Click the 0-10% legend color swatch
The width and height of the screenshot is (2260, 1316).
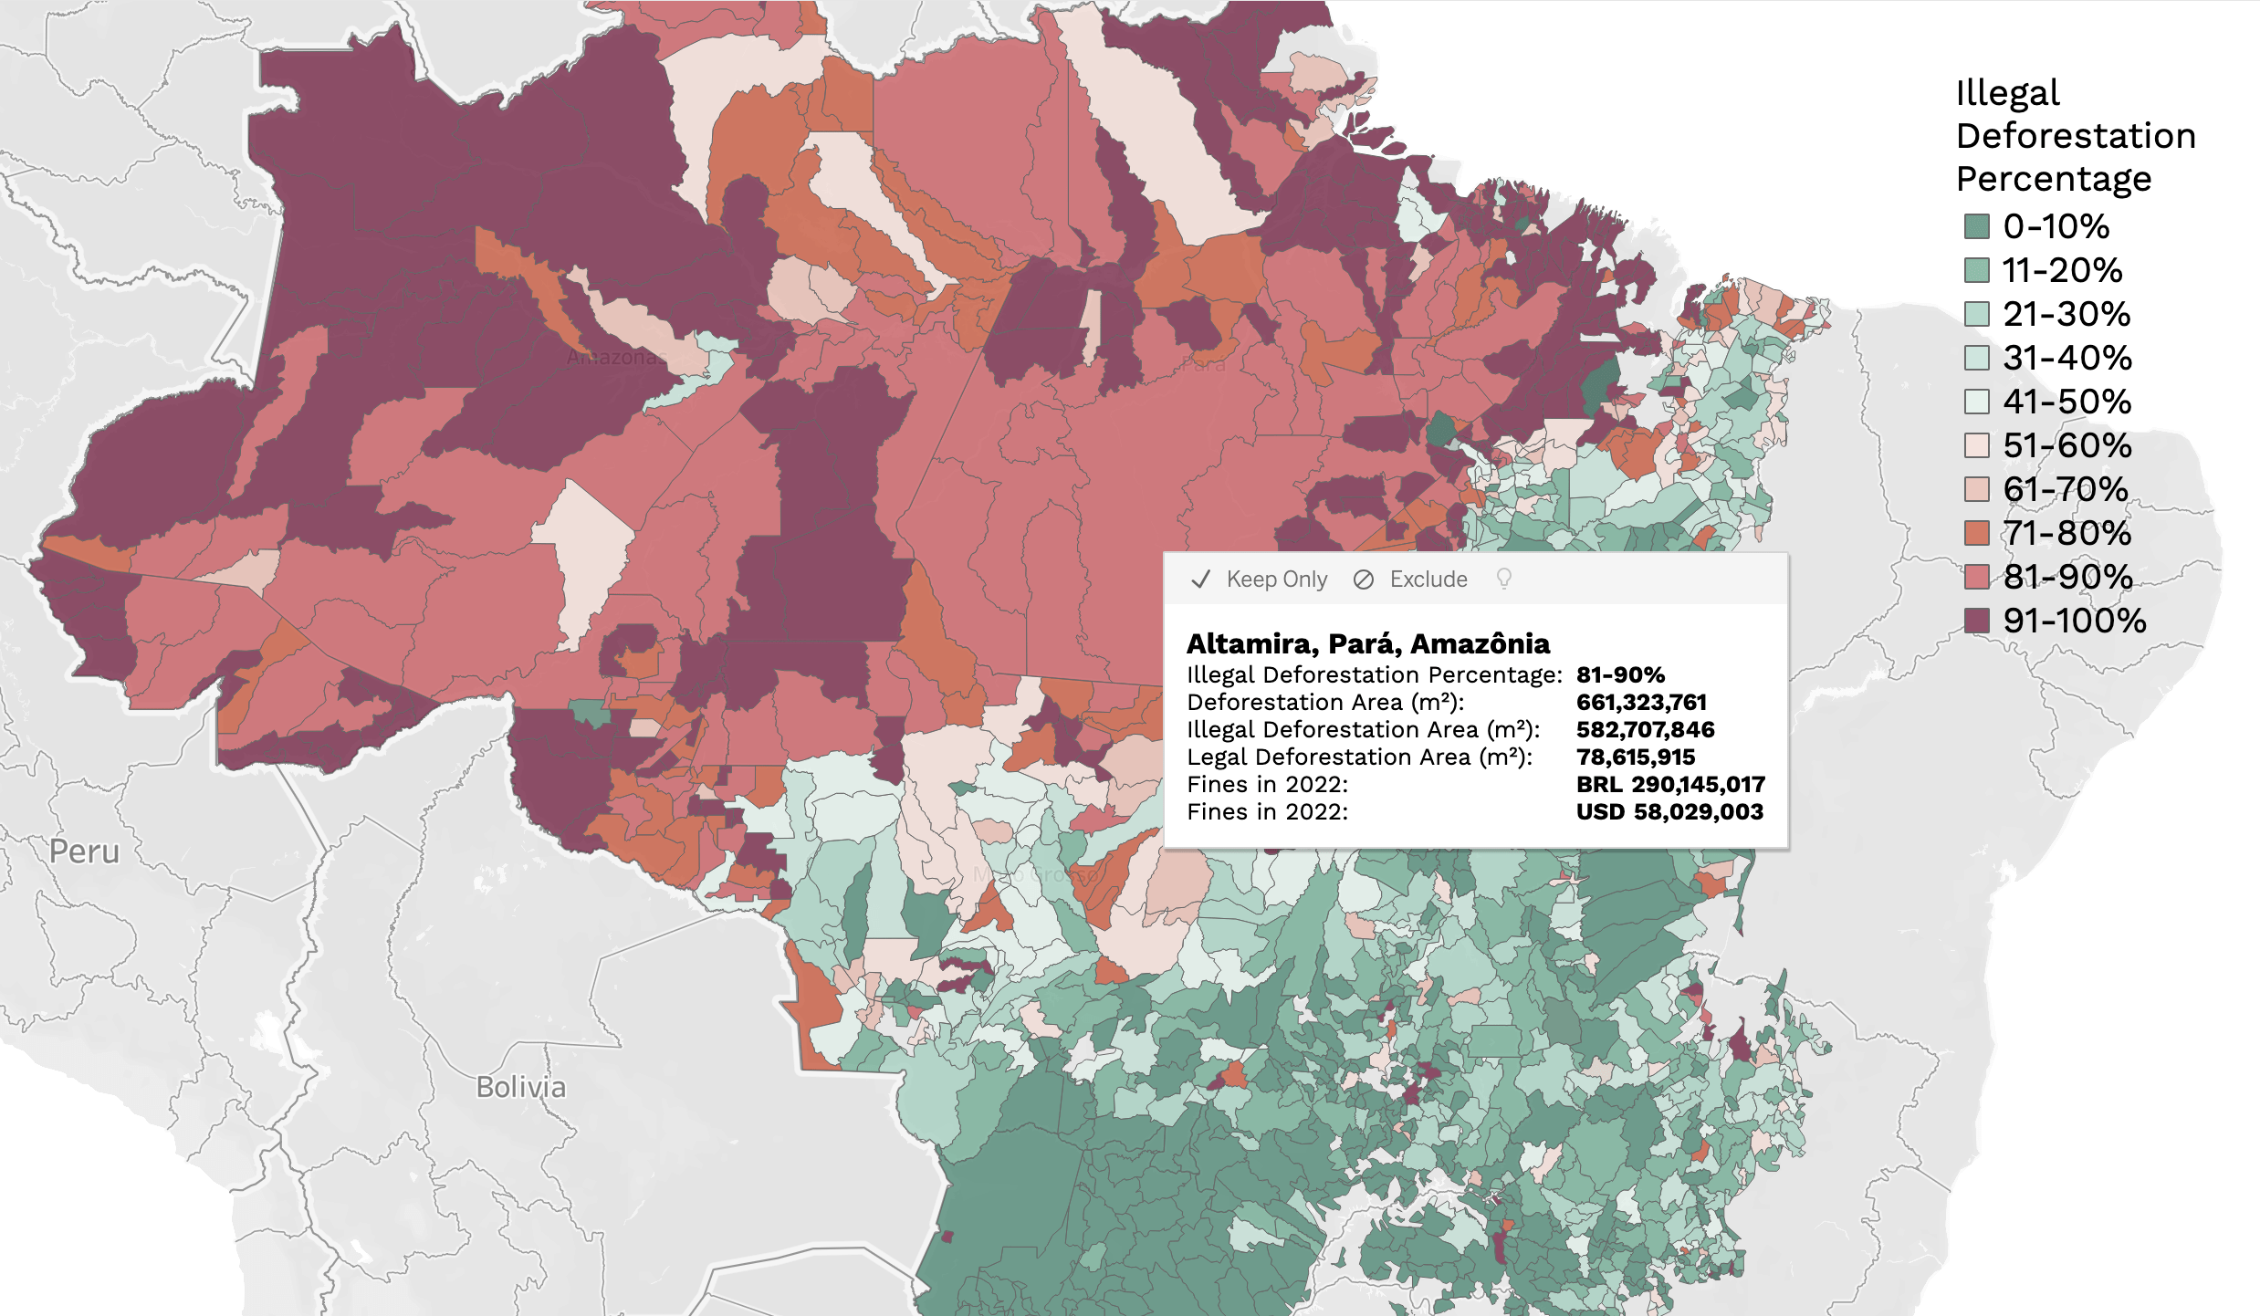pyautogui.click(x=1976, y=226)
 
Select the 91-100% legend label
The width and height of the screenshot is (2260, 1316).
pyautogui.click(x=2074, y=621)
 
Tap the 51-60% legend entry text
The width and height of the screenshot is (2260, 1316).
pyautogui.click(x=2066, y=445)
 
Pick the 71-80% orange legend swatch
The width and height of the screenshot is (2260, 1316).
pyautogui.click(x=1976, y=533)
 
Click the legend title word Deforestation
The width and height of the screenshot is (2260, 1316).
pyautogui.click(x=2075, y=136)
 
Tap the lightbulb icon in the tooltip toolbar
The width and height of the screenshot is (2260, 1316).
pyautogui.click(x=1503, y=579)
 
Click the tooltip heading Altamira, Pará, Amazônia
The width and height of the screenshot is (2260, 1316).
pyautogui.click(x=1366, y=643)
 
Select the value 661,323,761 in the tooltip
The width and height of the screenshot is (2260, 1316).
pyautogui.click(x=1640, y=702)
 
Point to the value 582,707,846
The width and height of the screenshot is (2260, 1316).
pyautogui.click(x=1645, y=729)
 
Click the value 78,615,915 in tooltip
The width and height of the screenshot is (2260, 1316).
pyautogui.click(x=1635, y=757)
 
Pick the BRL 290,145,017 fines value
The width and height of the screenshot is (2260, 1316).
pyautogui.click(x=1669, y=784)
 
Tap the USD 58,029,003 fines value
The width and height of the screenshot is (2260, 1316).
pyautogui.click(x=1669, y=811)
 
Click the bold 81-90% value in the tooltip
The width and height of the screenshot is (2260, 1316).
pyautogui.click(x=1619, y=674)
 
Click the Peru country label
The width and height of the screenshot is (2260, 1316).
pyautogui.click(x=84, y=851)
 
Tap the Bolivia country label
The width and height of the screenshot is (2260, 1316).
pyautogui.click(x=520, y=1087)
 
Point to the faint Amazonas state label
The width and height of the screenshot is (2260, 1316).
pyautogui.click(x=616, y=357)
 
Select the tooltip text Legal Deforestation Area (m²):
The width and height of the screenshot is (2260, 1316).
pyautogui.click(x=1359, y=757)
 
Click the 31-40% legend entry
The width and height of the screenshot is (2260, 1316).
pyautogui.click(x=2066, y=358)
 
